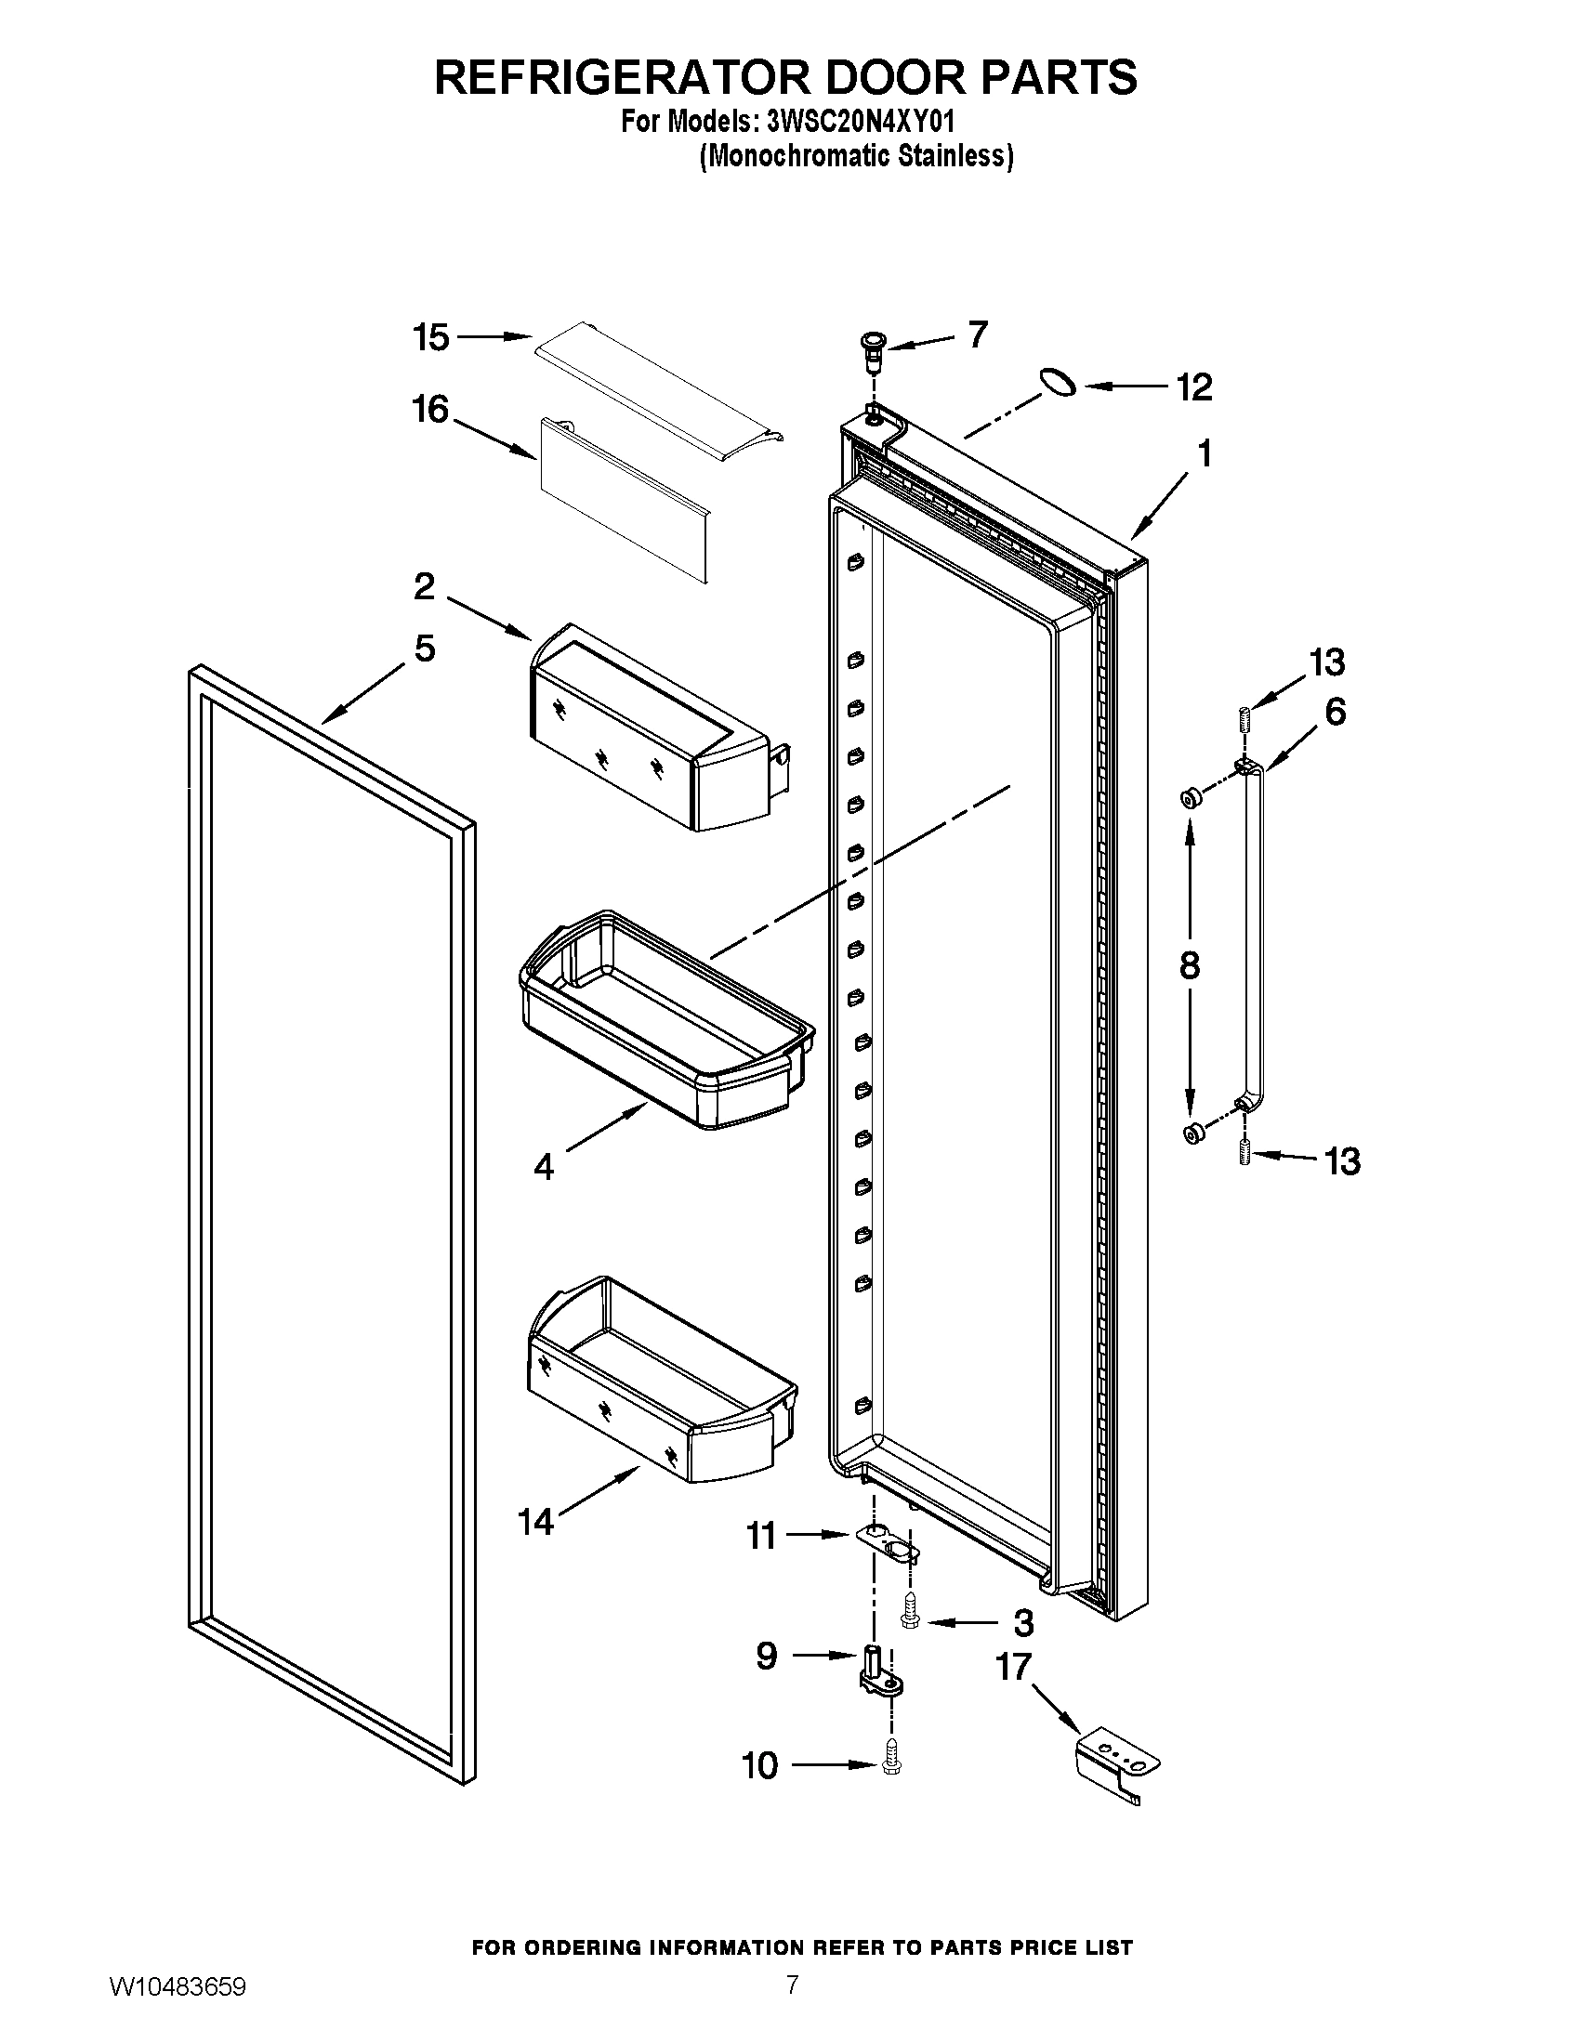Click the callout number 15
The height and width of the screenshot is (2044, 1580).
click(x=431, y=338)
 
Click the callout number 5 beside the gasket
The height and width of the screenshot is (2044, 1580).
click(x=424, y=648)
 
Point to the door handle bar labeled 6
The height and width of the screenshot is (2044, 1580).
click(x=1256, y=936)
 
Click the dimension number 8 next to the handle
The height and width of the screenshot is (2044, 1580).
click(x=1190, y=965)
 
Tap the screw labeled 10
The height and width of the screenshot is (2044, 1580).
click(x=890, y=1764)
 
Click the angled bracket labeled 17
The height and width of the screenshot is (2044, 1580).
click(x=1116, y=1759)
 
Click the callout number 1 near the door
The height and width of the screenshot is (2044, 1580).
click(x=1205, y=454)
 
